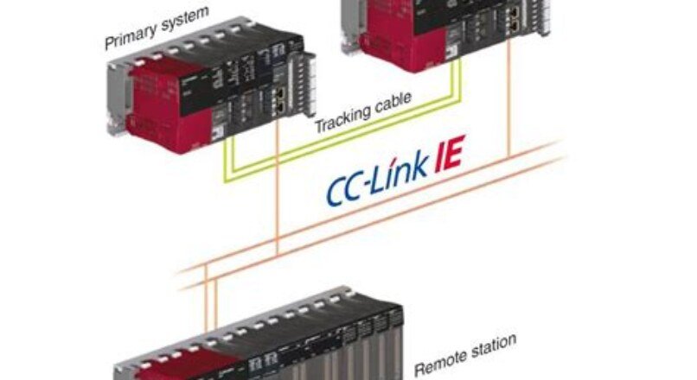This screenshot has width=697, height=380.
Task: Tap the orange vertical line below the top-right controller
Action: [x=509, y=104]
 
